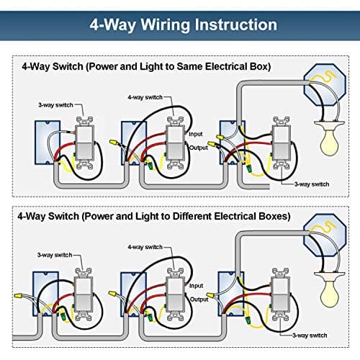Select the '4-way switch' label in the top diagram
tap(144, 96)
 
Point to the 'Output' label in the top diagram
tap(198, 148)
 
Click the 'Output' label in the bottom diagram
tap(198, 297)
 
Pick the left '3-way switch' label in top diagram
tap(55, 105)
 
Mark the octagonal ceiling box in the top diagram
tap(325, 86)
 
